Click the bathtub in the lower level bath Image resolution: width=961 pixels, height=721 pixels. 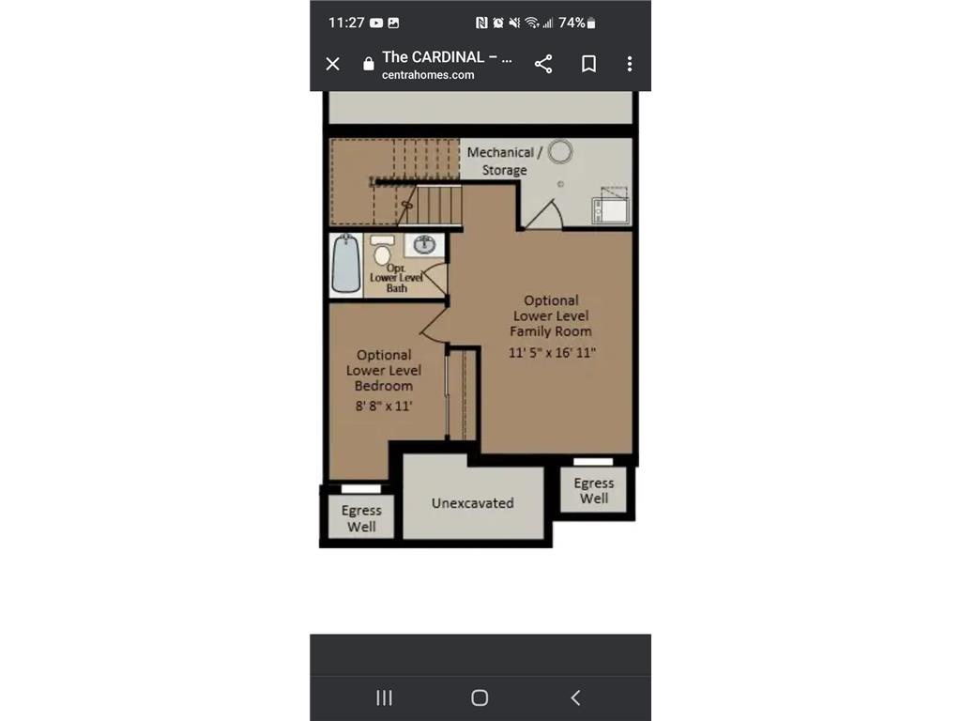346,264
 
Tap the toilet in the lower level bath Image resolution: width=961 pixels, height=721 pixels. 382,252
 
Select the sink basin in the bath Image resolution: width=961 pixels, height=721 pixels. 425,245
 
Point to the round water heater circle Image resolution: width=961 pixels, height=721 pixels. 561,151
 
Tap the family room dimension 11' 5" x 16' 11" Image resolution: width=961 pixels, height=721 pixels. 552,353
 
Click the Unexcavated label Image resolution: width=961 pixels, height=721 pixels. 472,503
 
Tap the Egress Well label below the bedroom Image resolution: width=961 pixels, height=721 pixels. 361,518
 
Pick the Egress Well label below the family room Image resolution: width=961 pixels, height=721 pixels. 593,491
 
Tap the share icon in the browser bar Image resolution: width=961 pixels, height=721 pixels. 543,64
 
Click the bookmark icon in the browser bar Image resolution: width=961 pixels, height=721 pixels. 588,64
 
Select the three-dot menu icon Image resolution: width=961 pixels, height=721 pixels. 629,64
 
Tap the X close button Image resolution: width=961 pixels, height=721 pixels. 332,64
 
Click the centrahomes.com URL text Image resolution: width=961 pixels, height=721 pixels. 428,75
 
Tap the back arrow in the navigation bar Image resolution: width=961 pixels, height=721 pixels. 575,698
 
